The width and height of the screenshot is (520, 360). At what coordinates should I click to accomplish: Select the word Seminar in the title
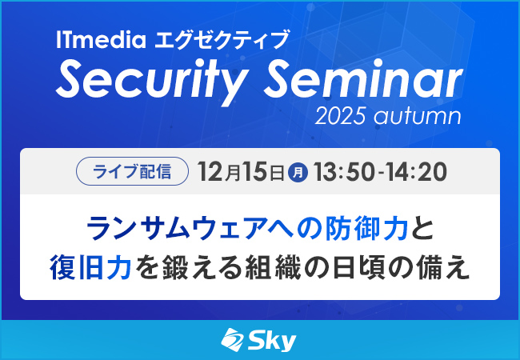click(365, 81)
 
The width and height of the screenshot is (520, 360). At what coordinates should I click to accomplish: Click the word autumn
click(422, 117)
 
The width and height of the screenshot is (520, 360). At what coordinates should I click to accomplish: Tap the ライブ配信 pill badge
click(132, 171)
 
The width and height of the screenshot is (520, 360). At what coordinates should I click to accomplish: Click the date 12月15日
click(241, 171)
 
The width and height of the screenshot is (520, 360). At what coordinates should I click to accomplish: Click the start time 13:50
click(346, 171)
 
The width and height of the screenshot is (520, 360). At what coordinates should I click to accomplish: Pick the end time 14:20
click(413, 171)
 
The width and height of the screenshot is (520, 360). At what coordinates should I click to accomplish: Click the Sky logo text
click(273, 341)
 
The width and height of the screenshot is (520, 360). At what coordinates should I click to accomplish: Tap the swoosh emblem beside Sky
click(233, 341)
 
